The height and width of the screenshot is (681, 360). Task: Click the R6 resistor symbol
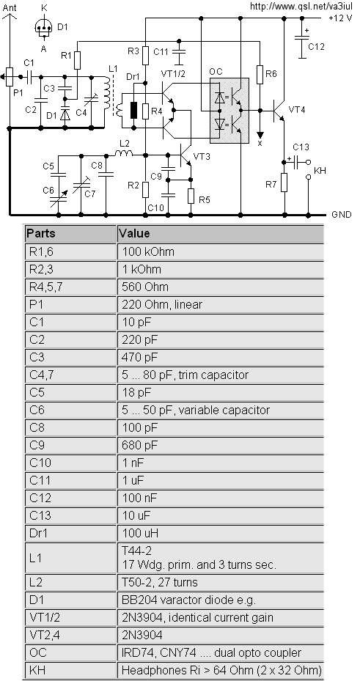(x=260, y=74)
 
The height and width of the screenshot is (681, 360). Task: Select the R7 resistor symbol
(x=284, y=183)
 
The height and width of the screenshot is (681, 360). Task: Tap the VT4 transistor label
(x=297, y=110)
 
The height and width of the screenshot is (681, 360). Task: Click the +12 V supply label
(x=340, y=18)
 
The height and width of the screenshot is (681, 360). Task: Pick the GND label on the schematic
(x=342, y=215)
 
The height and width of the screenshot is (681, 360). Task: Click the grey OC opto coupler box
(x=229, y=110)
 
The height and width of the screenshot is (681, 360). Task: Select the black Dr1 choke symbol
(x=133, y=110)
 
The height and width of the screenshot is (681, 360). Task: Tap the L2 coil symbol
(x=124, y=153)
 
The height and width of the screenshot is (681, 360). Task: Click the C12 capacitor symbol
(x=302, y=38)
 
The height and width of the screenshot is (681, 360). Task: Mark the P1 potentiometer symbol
(x=10, y=77)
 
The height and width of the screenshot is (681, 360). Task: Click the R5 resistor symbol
(x=191, y=196)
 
